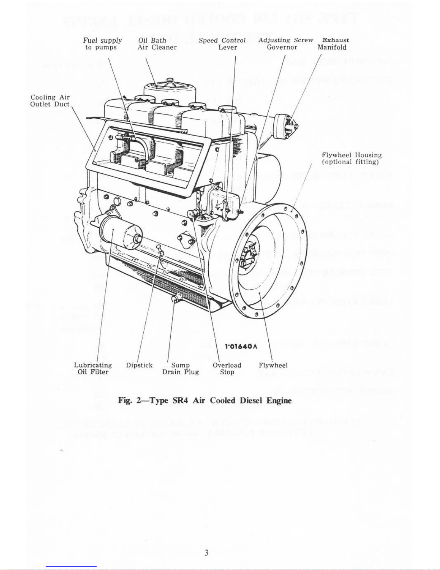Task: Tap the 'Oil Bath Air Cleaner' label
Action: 157,44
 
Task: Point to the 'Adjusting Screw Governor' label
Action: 285,44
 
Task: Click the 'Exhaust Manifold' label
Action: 333,44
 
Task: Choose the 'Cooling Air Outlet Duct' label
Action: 50,101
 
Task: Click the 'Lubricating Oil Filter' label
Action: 93,369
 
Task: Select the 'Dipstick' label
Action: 139,365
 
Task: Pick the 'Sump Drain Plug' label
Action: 180,369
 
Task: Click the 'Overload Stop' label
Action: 227,369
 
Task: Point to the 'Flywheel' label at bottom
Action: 273,365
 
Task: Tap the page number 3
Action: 206,553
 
